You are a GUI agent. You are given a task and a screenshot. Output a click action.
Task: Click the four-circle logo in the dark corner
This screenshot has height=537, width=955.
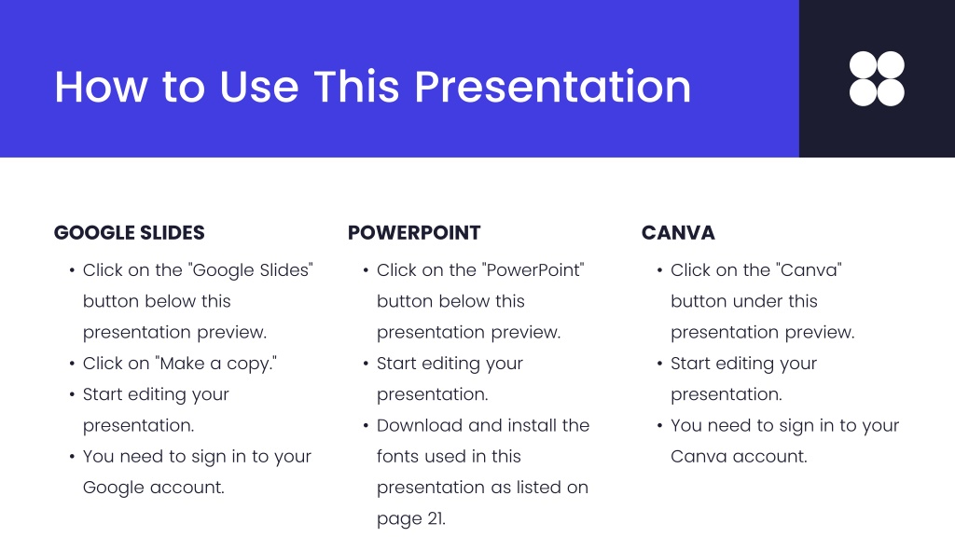[877, 78]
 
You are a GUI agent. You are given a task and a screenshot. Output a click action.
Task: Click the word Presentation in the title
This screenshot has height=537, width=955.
[552, 87]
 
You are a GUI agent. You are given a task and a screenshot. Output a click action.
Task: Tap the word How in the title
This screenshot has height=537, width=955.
[101, 87]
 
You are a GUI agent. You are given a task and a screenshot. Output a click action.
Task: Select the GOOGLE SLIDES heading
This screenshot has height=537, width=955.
[129, 232]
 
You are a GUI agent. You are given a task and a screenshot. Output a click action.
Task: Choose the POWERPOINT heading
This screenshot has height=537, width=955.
[414, 232]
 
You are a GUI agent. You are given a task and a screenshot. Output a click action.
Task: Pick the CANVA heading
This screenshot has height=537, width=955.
[678, 232]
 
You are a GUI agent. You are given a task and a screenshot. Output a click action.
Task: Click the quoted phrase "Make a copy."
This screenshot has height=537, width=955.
[216, 364]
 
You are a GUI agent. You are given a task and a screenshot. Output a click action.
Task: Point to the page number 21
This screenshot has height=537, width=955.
[436, 518]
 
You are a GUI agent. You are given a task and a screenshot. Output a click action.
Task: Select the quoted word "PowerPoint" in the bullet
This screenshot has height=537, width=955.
[533, 269]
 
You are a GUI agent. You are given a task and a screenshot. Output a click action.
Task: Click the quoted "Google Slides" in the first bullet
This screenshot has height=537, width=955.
[250, 270]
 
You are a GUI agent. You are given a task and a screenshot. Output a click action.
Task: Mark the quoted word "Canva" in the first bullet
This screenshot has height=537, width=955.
[809, 269]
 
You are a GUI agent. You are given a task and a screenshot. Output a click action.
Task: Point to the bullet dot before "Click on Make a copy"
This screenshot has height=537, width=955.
[72, 365]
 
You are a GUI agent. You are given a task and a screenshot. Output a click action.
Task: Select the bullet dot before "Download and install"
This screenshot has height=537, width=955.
[366, 426]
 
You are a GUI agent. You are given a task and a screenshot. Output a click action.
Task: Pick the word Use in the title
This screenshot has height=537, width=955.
[259, 87]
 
